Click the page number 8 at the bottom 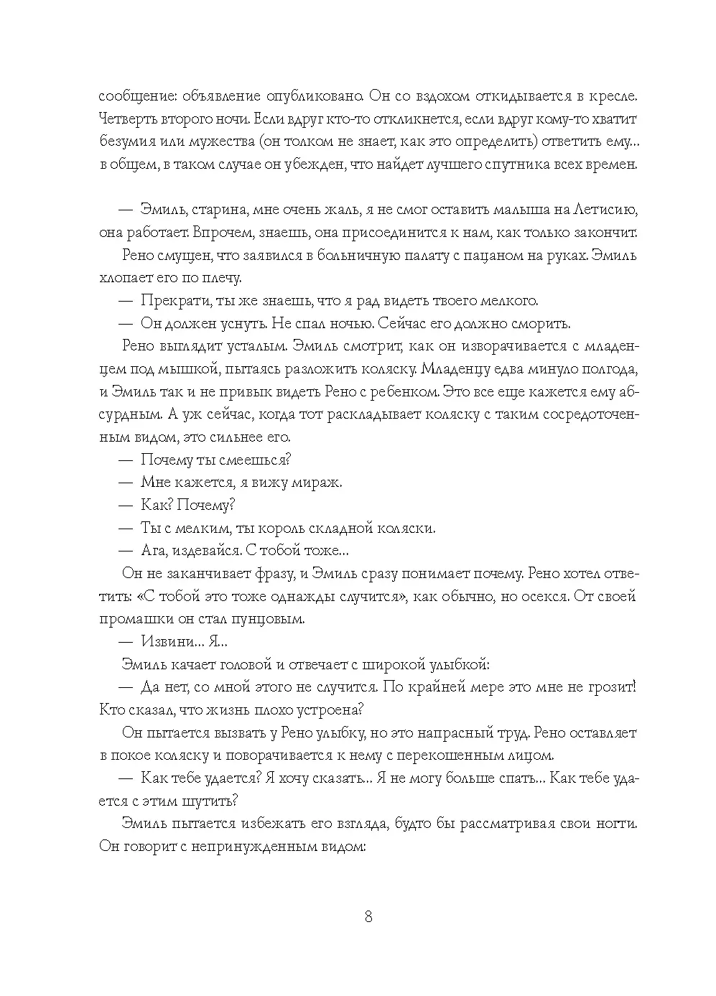pyautogui.click(x=368, y=917)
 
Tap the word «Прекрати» pyautogui.click(x=171, y=300)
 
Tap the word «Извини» pyautogui.click(x=166, y=641)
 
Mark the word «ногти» pyautogui.click(x=615, y=824)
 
